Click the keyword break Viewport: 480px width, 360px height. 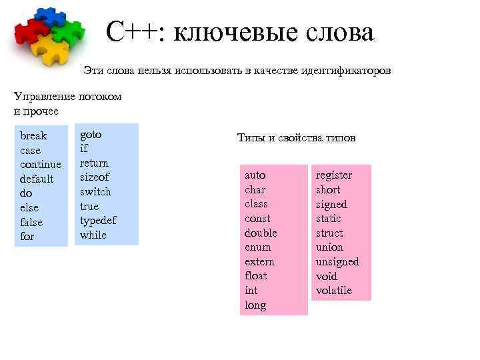tap(33, 136)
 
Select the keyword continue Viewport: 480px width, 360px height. tap(41, 165)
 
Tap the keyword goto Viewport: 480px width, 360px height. tap(91, 134)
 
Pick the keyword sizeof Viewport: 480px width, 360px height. tap(95, 177)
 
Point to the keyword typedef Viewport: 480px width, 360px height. tap(98, 221)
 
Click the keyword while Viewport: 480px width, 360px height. tap(93, 235)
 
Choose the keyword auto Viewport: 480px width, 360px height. tap(255, 175)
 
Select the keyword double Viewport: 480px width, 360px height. tap(261, 233)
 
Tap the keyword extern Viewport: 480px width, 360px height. tap(259, 262)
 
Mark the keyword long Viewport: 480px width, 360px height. tap(255, 305)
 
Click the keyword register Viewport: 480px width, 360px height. tap(334, 175)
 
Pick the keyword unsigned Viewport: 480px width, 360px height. tap(337, 262)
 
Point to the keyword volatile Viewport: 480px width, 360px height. tap(334, 291)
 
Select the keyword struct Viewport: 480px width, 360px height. tap(329, 233)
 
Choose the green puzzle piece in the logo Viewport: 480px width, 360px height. tap(69, 30)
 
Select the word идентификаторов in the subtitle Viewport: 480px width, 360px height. tap(345, 71)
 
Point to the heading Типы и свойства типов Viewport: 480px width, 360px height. tap(296, 138)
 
